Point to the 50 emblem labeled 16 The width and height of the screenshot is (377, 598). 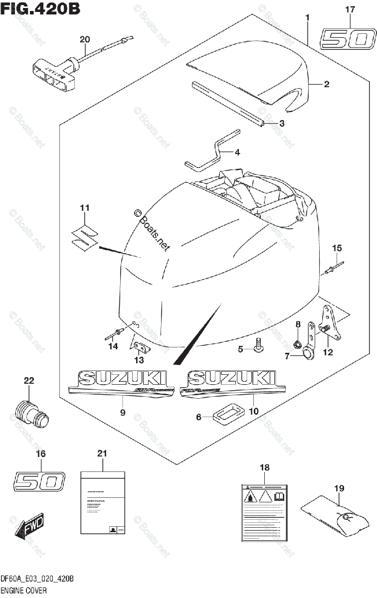tap(39, 481)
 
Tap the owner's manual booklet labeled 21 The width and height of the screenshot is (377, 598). tap(102, 503)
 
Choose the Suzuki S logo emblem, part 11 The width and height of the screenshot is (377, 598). tap(84, 235)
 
